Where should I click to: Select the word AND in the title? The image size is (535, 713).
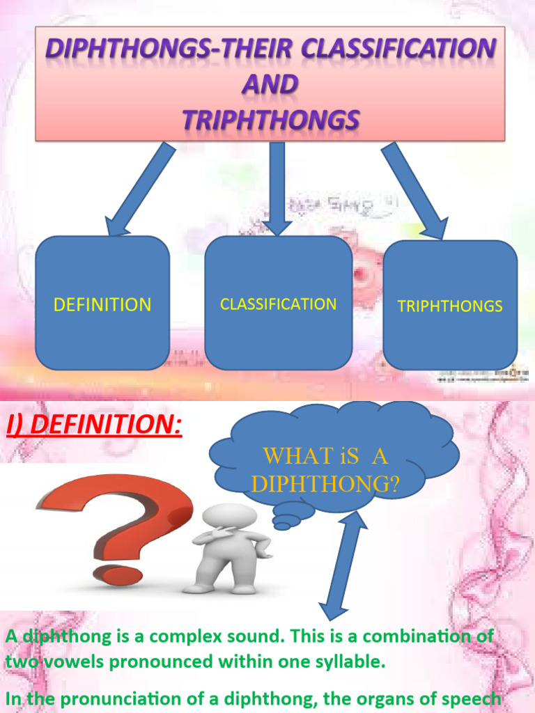pyautogui.click(x=270, y=84)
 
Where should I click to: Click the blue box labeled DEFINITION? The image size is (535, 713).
pyautogui.click(x=102, y=304)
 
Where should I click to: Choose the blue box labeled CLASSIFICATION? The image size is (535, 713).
pyautogui.click(x=278, y=304)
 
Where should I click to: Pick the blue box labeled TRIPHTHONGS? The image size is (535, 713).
pyautogui.click(x=450, y=306)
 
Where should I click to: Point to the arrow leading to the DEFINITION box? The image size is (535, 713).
pyautogui.click(x=139, y=188)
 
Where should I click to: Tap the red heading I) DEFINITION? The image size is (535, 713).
pyautogui.click(x=94, y=425)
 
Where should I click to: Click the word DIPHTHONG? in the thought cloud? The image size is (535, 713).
pyautogui.click(x=325, y=485)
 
